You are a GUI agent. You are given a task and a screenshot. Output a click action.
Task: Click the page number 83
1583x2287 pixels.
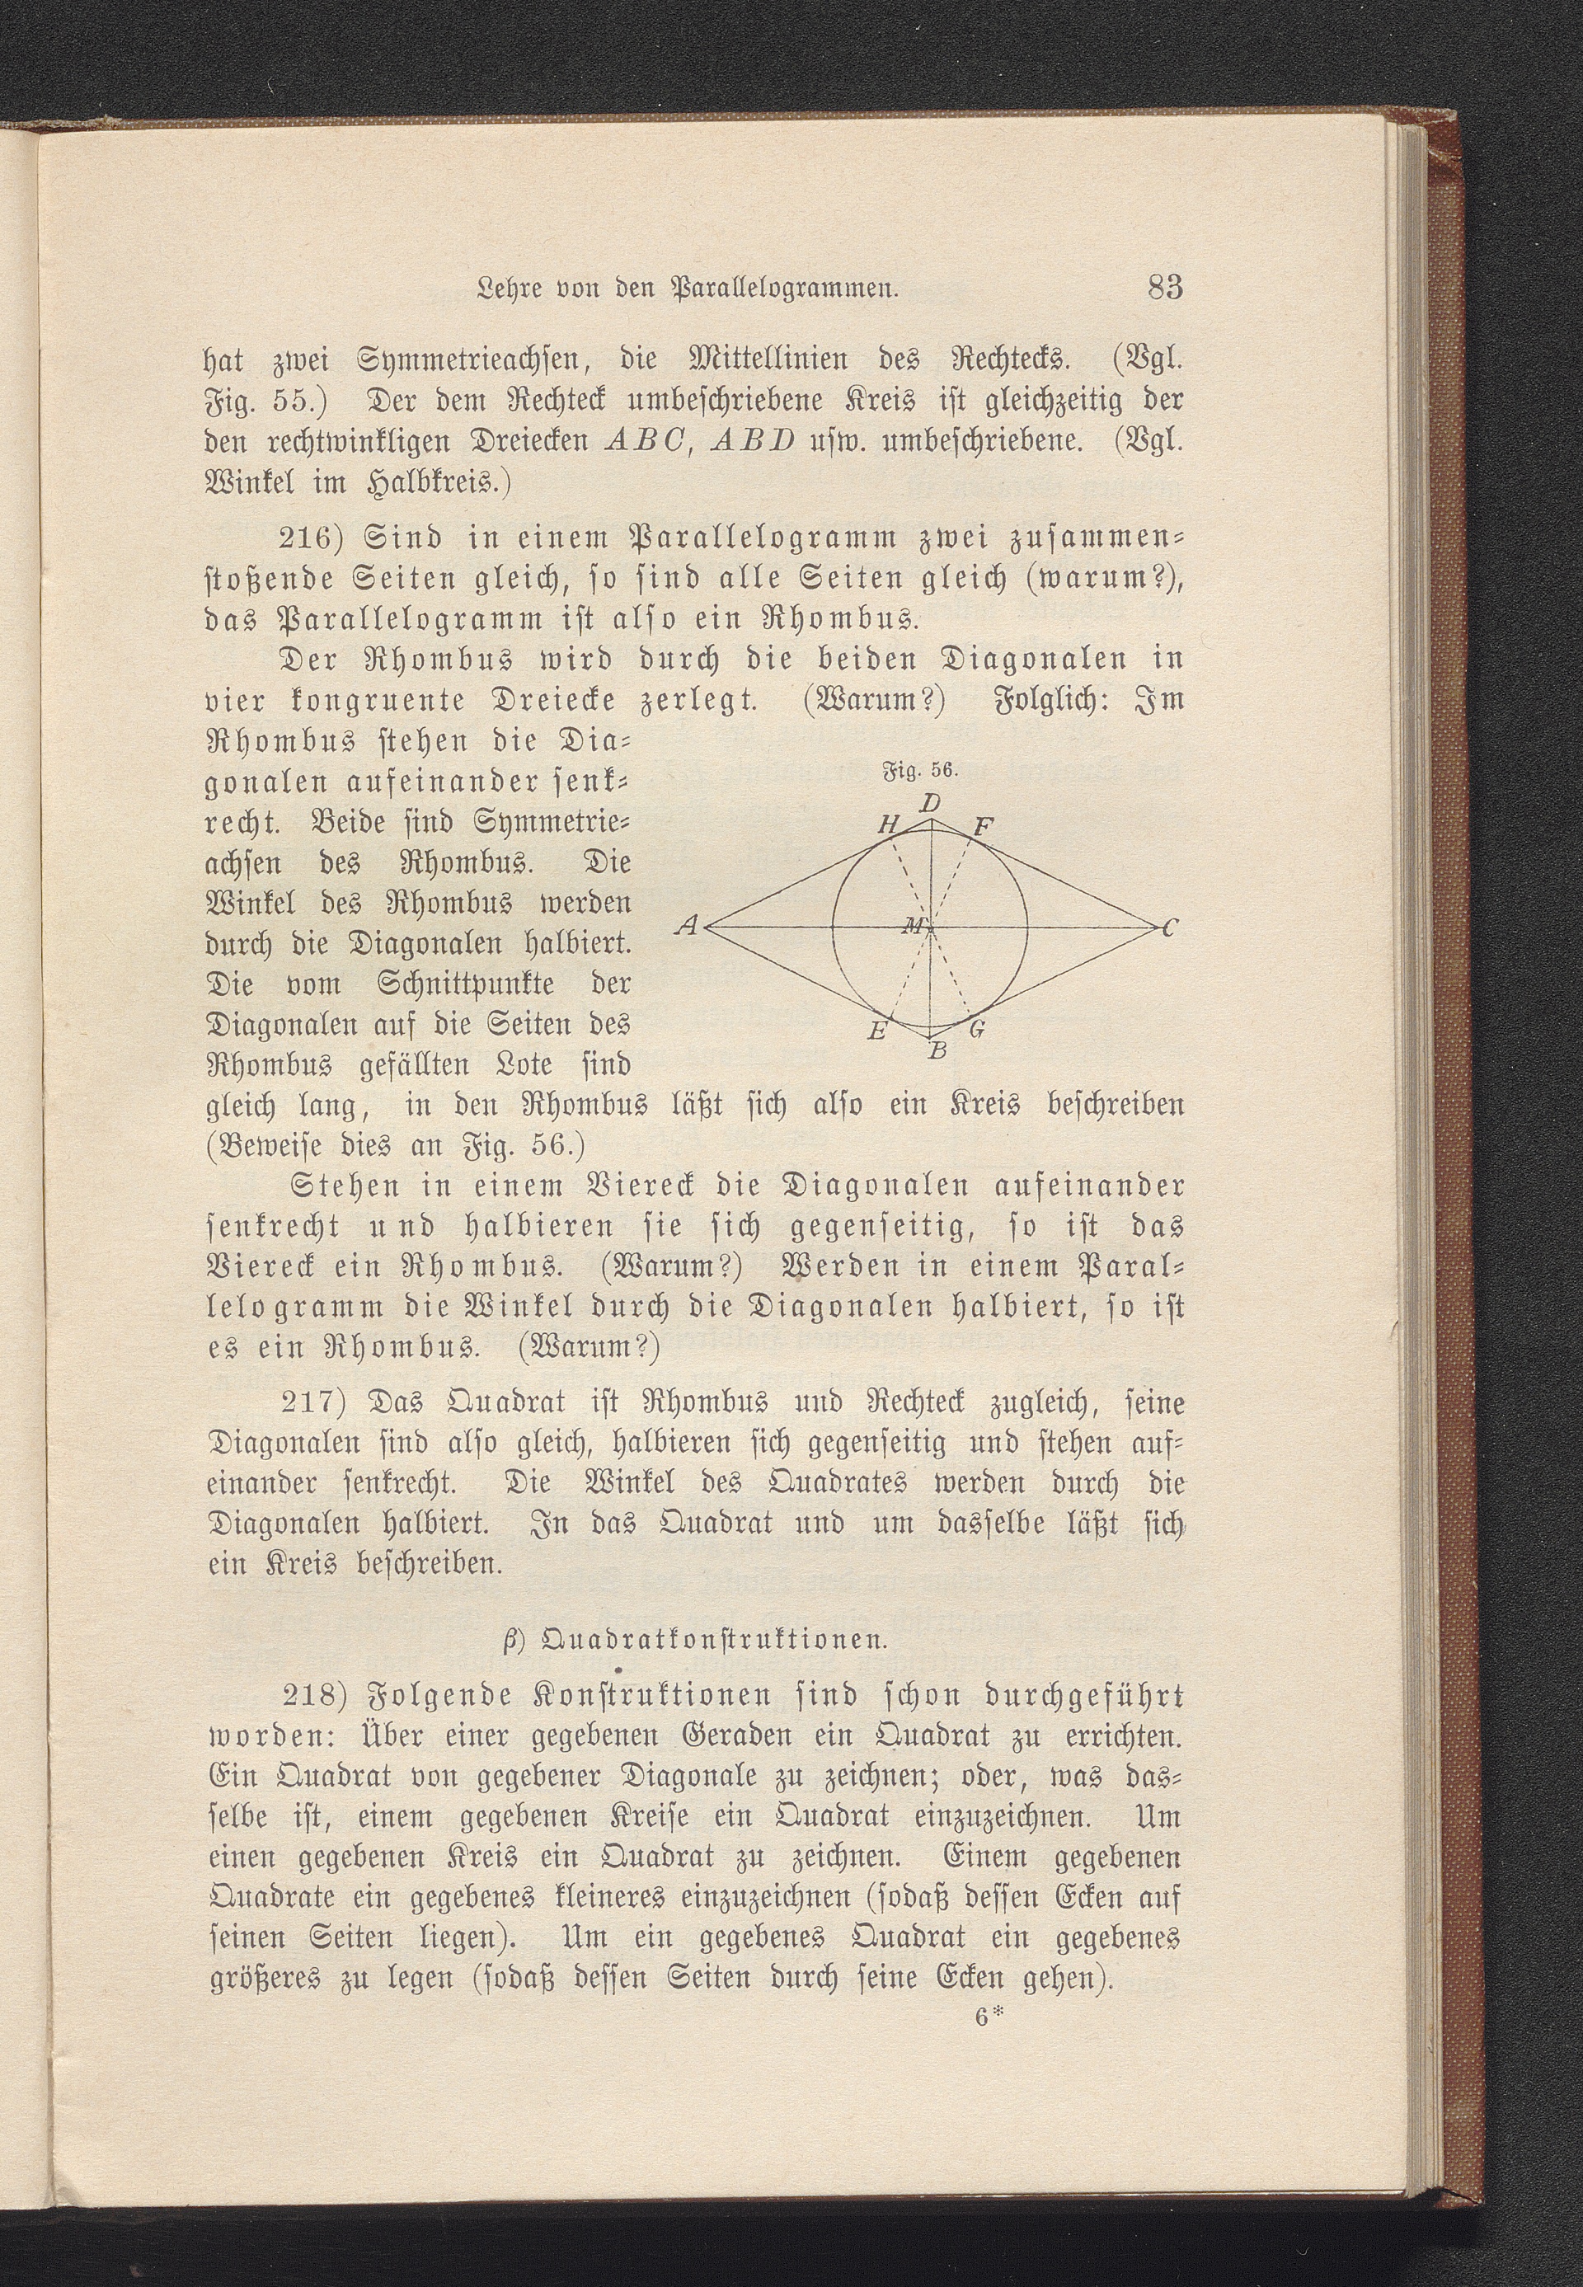coord(1166,289)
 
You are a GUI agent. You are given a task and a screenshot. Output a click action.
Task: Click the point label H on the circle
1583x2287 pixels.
coord(886,826)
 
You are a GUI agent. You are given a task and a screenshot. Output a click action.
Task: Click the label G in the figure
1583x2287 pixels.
coord(976,1031)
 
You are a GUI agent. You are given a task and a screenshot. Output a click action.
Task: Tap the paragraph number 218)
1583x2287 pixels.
coord(314,1696)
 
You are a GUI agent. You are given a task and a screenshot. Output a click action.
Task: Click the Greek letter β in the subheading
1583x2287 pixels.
coord(509,1639)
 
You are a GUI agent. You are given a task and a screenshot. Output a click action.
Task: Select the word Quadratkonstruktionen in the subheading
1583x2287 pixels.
coord(712,1639)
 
